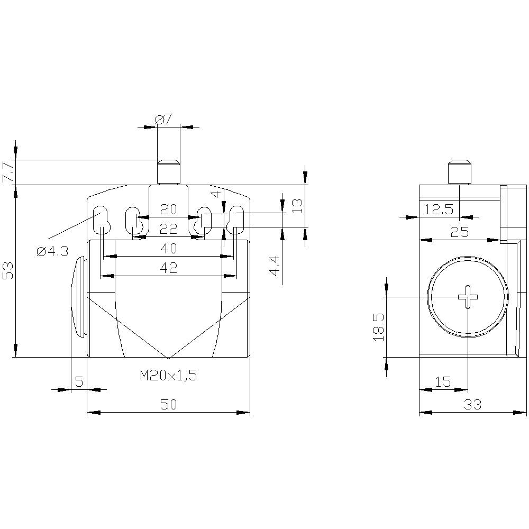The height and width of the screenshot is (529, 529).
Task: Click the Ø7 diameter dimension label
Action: coord(164,120)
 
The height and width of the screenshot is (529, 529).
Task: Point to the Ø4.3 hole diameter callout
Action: coord(52,252)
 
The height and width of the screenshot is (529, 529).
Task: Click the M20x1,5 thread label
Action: coord(168,376)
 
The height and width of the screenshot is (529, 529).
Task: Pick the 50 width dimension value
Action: coord(168,405)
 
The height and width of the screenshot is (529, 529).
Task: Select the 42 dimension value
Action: coord(168,268)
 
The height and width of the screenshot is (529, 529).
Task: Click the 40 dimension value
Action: coord(168,249)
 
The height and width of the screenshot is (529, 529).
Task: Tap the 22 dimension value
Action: coord(168,229)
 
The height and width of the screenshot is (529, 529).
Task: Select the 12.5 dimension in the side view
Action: coord(439,210)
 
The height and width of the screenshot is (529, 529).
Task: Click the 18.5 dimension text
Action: coord(378,326)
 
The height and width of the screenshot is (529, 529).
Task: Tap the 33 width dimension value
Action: coord(472,405)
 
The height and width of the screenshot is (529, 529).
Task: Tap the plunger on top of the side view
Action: coord(459,171)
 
